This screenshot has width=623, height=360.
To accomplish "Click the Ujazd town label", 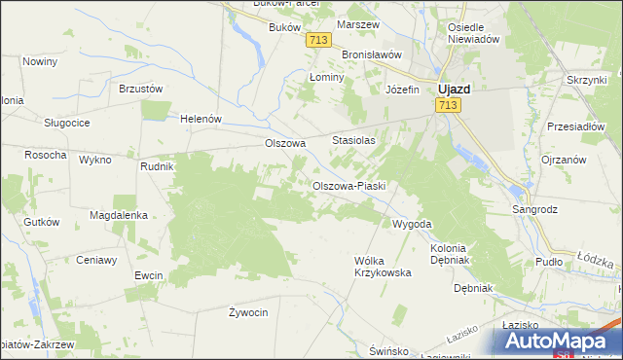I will tap(454, 88).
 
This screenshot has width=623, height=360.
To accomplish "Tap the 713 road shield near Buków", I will tap(316, 39).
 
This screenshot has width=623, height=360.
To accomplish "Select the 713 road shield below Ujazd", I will tap(448, 105).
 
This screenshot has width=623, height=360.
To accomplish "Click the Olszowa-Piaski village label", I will tap(349, 186).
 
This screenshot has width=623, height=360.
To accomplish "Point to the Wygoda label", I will tap(411, 224).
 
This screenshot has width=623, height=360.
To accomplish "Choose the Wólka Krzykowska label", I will tap(383, 267).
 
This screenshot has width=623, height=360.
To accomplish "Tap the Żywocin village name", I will tap(248, 312).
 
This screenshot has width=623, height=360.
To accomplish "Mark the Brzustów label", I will tap(140, 88).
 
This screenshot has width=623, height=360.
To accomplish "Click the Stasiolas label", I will tap(353, 140).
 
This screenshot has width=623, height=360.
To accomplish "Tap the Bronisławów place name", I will tap(371, 54).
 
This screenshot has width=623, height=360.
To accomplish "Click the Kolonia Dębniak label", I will tap(448, 255).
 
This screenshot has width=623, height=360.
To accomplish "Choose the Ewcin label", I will tap(149, 275).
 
